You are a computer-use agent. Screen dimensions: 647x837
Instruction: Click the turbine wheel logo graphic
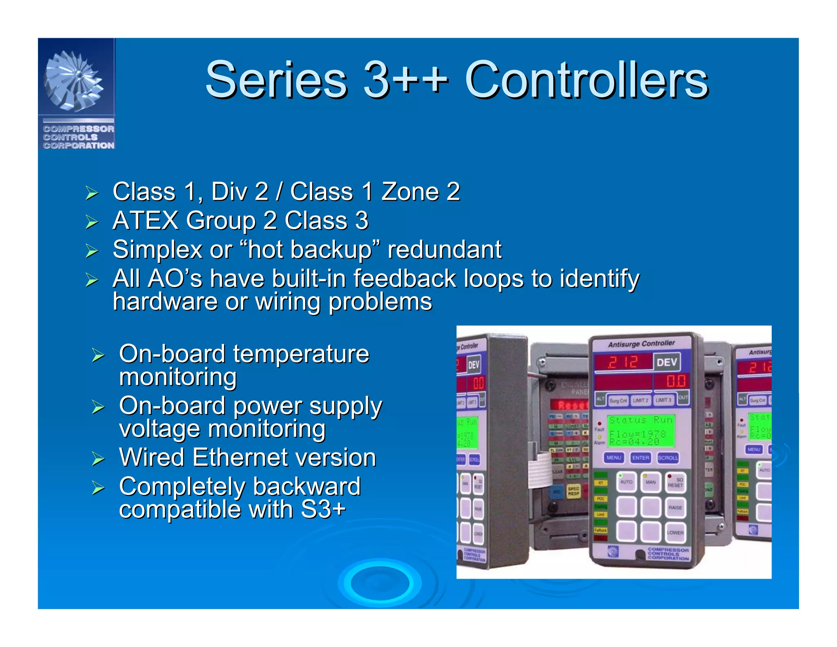pos(74,81)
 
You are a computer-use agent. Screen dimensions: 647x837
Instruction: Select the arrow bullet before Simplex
pos(92,250)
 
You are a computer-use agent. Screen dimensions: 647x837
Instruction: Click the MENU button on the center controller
pos(613,458)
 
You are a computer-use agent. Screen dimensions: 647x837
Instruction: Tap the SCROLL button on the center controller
pos(667,458)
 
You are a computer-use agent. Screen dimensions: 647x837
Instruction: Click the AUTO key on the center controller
pos(626,482)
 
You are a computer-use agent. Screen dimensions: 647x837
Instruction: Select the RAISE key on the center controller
pos(675,508)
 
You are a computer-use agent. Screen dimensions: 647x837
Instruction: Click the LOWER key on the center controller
pos(675,532)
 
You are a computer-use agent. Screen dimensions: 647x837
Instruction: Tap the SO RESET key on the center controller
pos(675,482)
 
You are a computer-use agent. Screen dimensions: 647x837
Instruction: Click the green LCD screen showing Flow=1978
pos(640,431)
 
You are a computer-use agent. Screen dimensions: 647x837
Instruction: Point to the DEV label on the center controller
pos(667,362)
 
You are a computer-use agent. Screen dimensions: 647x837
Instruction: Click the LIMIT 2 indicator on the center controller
pos(640,400)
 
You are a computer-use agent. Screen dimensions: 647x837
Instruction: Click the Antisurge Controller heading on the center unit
pos(641,344)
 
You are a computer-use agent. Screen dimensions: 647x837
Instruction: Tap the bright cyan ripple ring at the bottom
pos(380,583)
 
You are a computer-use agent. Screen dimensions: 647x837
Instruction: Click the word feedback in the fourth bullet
pos(405,279)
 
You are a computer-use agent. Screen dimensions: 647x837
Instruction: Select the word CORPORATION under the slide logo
pos(79,146)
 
